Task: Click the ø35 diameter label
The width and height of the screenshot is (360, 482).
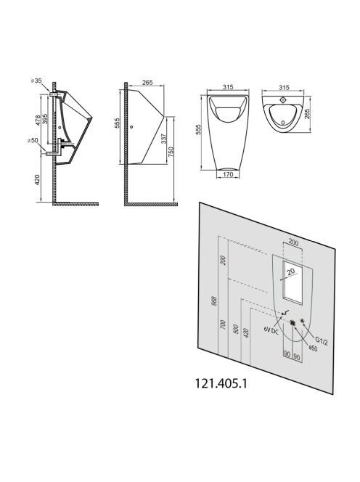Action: [x=36, y=81]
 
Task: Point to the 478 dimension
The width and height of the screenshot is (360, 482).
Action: [x=38, y=120]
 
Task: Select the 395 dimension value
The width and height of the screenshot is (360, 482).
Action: [x=45, y=119]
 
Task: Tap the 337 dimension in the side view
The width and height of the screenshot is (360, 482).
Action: [x=164, y=139]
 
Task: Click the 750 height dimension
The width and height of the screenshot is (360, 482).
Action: [x=171, y=152]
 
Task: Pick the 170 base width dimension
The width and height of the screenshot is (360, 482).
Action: [x=228, y=175]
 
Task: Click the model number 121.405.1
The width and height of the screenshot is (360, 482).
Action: [x=221, y=383]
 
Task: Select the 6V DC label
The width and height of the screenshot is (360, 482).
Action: [x=271, y=329]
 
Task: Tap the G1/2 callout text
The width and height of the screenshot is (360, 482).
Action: [x=322, y=340]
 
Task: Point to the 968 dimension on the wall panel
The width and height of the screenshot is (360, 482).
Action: [x=215, y=301]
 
